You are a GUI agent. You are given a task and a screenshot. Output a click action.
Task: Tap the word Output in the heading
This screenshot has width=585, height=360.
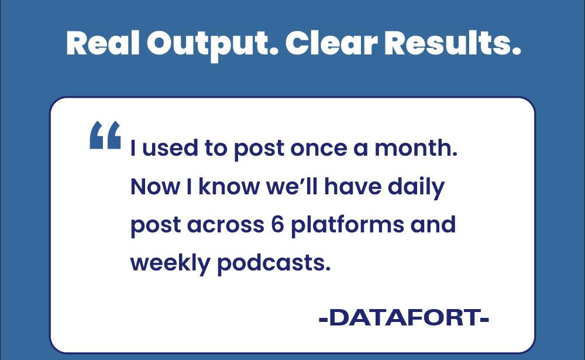click(213, 46)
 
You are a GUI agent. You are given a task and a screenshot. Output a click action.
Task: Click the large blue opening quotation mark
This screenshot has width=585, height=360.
click(105, 135)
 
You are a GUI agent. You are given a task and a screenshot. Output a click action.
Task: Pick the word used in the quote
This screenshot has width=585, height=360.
click(170, 148)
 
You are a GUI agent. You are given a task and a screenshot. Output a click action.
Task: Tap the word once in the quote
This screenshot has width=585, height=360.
click(319, 149)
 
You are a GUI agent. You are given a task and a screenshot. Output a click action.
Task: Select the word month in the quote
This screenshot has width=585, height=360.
click(415, 148)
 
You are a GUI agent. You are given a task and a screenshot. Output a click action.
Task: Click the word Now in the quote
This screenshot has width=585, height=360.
click(155, 187)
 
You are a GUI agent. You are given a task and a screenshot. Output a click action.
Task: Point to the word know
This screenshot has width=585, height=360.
click(229, 186)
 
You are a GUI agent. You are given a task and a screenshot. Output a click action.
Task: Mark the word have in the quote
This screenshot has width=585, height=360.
click(353, 186)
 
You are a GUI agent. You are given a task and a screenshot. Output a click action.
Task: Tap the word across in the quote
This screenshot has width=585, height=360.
click(226, 225)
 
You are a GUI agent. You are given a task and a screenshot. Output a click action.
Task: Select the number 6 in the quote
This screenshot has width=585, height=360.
click(277, 225)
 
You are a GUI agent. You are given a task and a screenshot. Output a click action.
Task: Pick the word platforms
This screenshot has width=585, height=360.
click(347, 227)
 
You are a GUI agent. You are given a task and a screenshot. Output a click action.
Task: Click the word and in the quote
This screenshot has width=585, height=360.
click(433, 224)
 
